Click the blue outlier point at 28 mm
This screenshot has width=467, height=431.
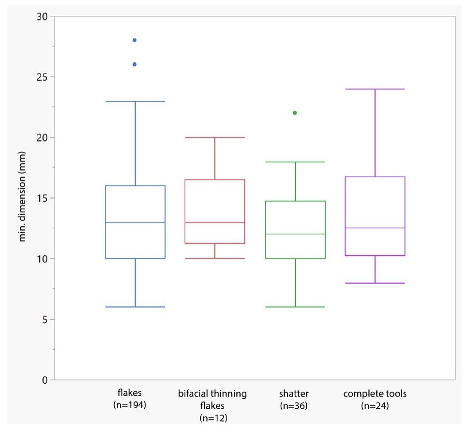click(x=135, y=40)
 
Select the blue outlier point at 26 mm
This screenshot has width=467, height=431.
click(x=135, y=64)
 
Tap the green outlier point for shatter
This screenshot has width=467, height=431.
click(x=295, y=113)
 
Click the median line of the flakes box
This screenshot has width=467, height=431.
click(x=135, y=223)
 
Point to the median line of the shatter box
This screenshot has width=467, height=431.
click(x=295, y=234)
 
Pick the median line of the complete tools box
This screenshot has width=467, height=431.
click(x=375, y=228)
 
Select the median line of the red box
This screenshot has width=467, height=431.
click(x=215, y=223)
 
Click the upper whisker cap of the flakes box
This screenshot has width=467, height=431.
click(x=135, y=102)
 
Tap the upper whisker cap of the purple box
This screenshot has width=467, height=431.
click(x=375, y=89)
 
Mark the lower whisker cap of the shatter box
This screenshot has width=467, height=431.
click(x=295, y=307)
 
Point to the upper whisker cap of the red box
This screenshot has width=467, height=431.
click(x=215, y=137)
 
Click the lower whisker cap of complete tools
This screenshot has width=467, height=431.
click(x=375, y=283)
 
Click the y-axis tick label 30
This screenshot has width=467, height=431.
click(x=42, y=17)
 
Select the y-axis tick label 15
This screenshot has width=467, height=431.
click(x=42, y=198)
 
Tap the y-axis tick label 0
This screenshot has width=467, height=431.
click(x=45, y=380)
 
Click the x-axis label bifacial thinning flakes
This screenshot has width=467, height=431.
click(x=212, y=405)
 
